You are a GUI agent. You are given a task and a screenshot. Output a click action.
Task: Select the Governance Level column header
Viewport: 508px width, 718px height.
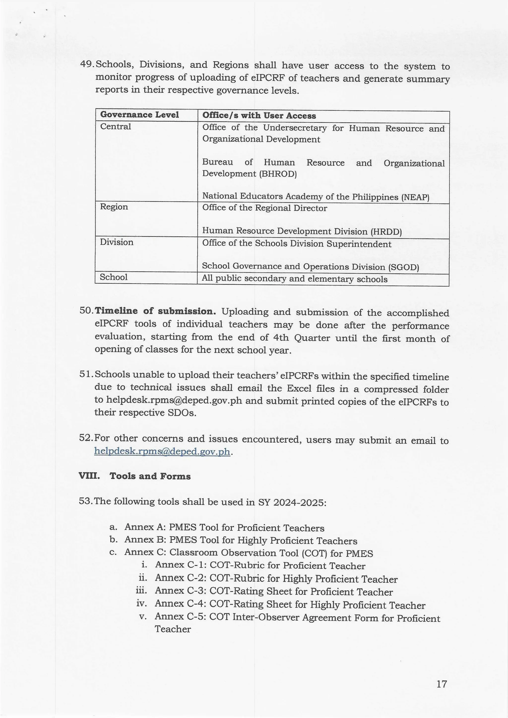(x=139, y=115)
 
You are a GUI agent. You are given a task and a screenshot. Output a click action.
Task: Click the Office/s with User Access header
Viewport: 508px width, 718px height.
(x=259, y=115)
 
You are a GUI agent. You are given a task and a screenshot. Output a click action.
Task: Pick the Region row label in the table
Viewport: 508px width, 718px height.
(x=114, y=207)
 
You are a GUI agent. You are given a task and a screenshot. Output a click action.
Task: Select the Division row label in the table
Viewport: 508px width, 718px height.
(x=116, y=242)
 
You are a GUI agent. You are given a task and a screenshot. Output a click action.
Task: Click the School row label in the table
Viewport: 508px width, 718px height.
(x=114, y=277)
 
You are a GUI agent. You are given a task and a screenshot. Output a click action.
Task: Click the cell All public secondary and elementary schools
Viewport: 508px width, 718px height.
(x=294, y=279)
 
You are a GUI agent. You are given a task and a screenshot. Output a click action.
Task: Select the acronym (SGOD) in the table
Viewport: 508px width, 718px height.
(x=404, y=267)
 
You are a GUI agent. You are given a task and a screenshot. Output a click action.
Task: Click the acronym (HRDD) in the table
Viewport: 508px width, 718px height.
(x=386, y=232)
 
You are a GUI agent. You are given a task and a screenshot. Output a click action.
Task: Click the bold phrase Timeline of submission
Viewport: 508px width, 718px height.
(x=155, y=311)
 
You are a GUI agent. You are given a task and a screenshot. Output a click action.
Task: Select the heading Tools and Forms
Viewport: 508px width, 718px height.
(x=150, y=476)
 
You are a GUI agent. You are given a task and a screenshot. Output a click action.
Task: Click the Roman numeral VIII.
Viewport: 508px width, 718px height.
(x=89, y=476)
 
